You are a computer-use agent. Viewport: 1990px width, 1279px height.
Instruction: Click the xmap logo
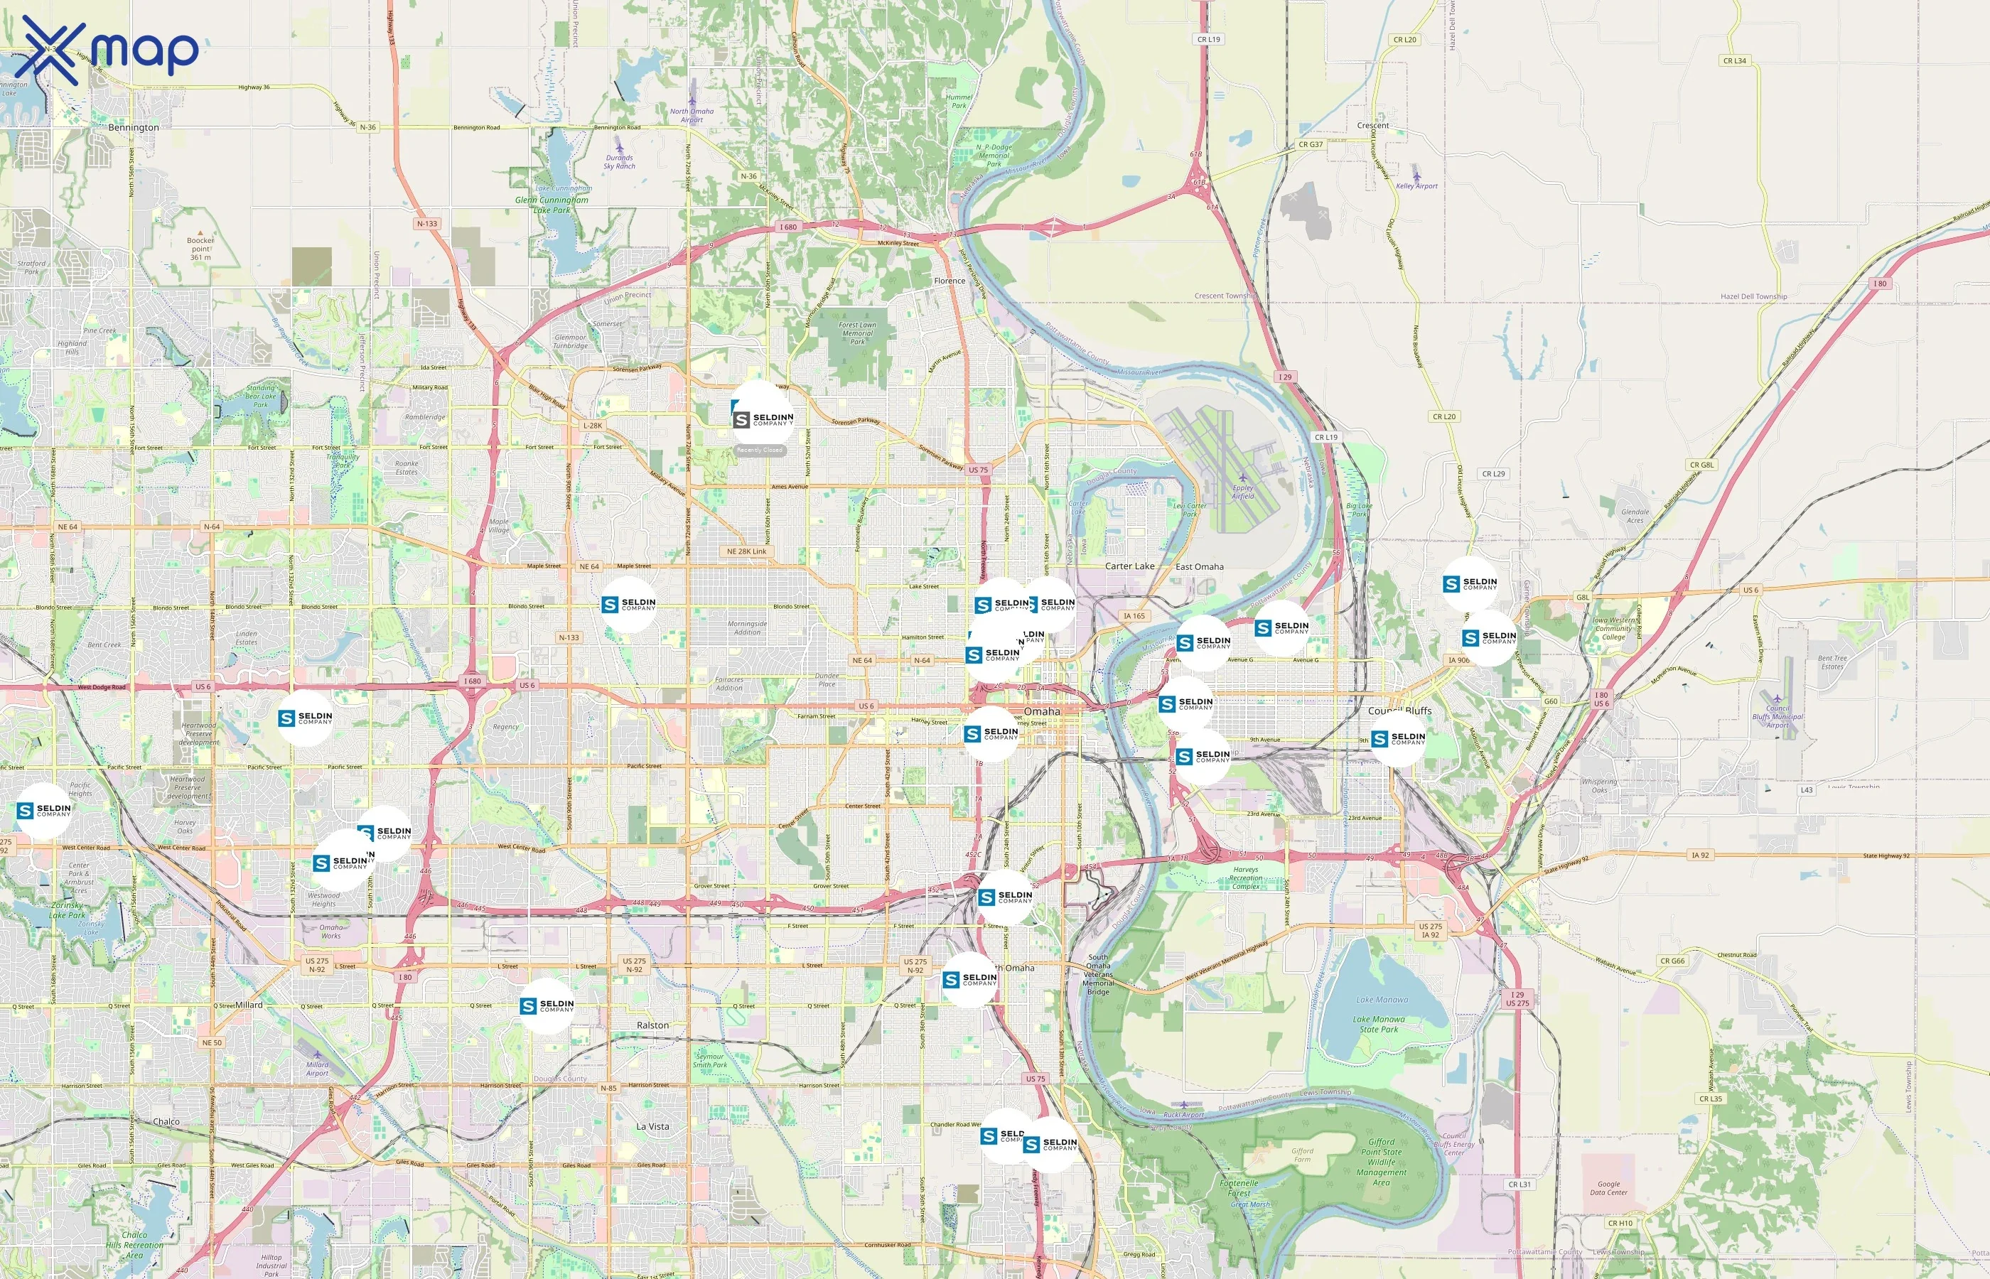107,50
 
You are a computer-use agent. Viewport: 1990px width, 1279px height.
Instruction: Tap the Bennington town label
133,127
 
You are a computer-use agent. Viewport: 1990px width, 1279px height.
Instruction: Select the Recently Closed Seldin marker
759,419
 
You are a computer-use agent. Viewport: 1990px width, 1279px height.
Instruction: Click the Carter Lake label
1129,566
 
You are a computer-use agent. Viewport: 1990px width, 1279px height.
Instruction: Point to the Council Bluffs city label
1399,711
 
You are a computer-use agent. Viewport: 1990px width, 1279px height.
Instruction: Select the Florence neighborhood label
950,281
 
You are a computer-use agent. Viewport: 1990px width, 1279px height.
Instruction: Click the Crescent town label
1373,125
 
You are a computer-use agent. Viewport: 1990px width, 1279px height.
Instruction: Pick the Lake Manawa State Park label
1379,1024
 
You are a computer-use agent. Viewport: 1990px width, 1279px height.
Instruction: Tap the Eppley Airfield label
1242,492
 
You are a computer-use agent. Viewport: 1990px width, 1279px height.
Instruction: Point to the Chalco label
166,1121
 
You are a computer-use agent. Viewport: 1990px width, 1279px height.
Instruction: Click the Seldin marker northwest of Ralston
547,1005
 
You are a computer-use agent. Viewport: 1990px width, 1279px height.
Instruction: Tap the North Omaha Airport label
691,114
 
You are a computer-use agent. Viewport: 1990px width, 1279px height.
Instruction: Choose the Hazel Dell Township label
1753,296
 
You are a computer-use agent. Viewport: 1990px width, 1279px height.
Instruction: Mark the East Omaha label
1198,566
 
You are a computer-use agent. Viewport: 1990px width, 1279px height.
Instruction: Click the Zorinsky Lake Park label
66,910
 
